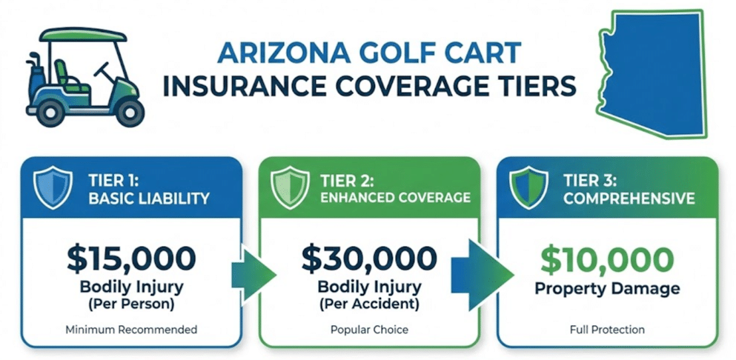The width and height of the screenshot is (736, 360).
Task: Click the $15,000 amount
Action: click(131, 258)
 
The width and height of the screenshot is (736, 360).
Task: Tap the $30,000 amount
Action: click(368, 258)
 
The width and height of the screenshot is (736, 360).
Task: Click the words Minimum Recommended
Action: click(131, 330)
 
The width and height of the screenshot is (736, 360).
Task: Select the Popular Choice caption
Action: click(368, 330)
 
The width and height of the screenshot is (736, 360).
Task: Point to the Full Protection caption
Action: click(607, 330)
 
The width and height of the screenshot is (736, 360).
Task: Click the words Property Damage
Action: click(607, 289)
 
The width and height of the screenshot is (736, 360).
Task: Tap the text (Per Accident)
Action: click(368, 304)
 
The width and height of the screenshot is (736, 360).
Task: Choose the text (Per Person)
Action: click(131, 304)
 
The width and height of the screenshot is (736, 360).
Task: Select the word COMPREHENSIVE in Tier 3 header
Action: click(629, 199)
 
